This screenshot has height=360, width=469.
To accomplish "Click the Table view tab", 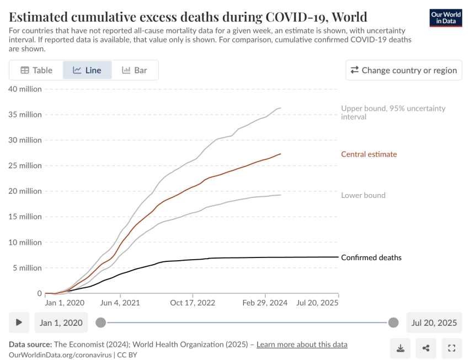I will pos(36,70).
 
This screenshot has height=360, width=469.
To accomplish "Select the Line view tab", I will pos(87,70).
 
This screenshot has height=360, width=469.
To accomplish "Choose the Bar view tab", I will pos(135,70).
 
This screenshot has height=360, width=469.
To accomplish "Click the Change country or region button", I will pos(404,70).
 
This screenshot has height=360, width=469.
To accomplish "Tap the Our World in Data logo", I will pos(445,18).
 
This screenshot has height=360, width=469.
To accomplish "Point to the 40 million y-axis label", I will pos(25,89).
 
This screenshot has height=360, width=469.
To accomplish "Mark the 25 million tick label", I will pos(25,165).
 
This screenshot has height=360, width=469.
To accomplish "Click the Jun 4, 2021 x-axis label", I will pos(120,303).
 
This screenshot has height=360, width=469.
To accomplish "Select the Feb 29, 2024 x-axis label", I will pos(265,303).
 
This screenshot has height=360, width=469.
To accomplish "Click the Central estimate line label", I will pos(369,154).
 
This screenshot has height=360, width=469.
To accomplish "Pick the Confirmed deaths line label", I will pos(371,257).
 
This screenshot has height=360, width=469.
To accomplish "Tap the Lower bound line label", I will pos(363,195).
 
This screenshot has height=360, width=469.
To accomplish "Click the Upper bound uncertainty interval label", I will pos(393,112).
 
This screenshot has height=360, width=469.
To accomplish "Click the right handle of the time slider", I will pos(393,323).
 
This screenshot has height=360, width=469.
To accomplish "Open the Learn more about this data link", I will pos(302,345).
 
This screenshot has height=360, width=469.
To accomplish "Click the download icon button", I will pos(400,348).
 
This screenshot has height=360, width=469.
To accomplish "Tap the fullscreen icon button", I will pos(451,348).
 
